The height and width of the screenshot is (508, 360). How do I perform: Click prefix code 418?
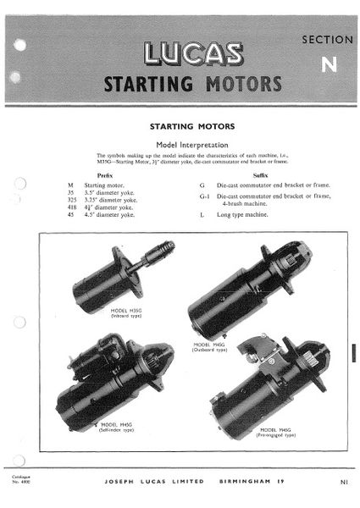pyautogui.click(x=72, y=206)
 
